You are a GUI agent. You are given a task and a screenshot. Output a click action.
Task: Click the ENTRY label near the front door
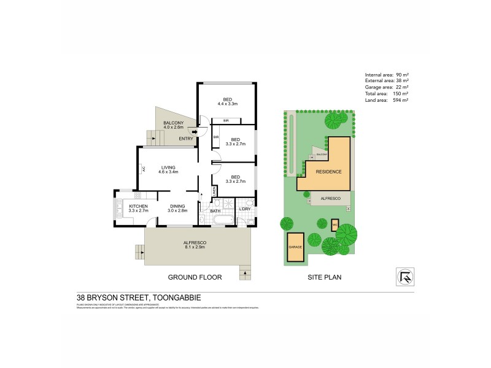pyautogui.click(x=186, y=139)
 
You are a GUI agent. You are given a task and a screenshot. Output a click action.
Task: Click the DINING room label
pyautogui.click(x=177, y=206)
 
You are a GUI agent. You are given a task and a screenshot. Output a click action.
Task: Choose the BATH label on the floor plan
pyautogui.click(x=215, y=211)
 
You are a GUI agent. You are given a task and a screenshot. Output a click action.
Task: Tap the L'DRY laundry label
pyautogui.click(x=244, y=211)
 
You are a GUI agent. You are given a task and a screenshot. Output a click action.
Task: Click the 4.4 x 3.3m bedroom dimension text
pyautogui.click(x=227, y=104)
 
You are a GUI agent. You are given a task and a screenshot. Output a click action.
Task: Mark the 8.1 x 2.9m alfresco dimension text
pyautogui.click(x=194, y=247)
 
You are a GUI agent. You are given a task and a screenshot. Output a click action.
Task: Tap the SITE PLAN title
pyautogui.click(x=324, y=277)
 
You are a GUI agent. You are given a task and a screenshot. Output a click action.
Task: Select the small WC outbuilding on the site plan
pyautogui.click(x=334, y=224)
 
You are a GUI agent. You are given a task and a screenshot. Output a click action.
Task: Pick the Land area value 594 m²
pyautogui.click(x=401, y=100)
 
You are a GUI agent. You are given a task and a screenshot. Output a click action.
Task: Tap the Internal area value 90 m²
pyautogui.click(x=403, y=74)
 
